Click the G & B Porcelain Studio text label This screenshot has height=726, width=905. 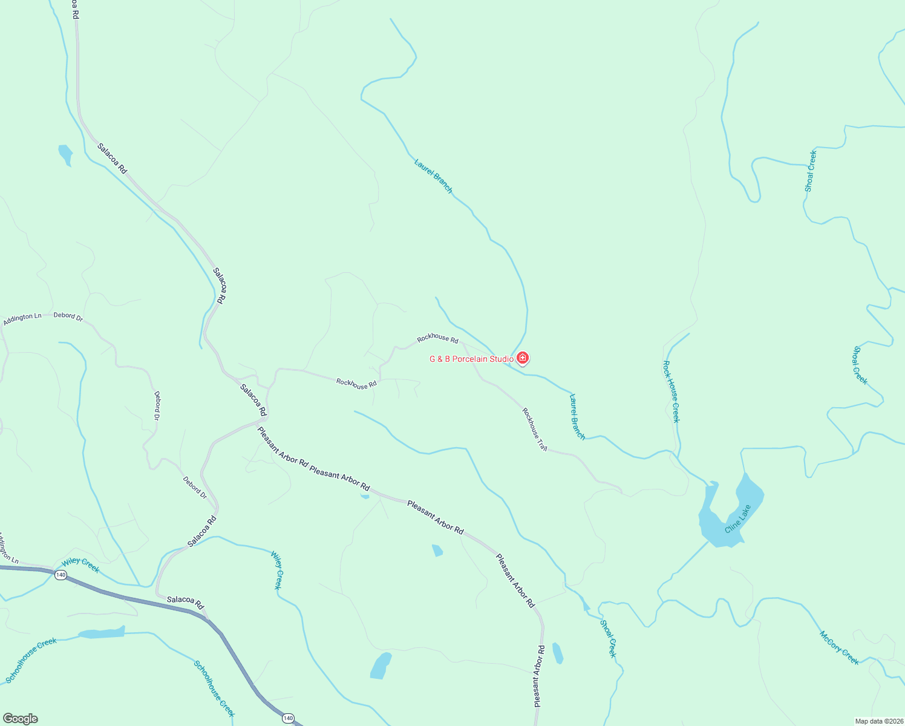[x=471, y=359]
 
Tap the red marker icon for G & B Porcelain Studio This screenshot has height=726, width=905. [x=523, y=358]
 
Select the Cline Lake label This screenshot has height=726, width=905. [x=738, y=519]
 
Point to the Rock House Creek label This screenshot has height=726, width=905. [x=671, y=391]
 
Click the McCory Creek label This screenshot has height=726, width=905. [x=839, y=647]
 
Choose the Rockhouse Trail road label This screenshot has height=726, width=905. [x=535, y=430]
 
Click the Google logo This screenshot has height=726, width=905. [x=20, y=719]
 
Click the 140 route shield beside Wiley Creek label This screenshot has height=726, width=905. [x=60, y=575]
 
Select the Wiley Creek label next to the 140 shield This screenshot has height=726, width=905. [x=80, y=565]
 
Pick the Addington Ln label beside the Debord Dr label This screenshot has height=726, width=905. [x=22, y=319]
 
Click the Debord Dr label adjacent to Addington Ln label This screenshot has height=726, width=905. [x=68, y=316]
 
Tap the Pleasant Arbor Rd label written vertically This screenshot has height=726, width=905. [x=539, y=676]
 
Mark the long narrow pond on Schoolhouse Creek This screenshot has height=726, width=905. [x=102, y=633]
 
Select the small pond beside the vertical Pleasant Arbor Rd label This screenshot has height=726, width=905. [x=557, y=653]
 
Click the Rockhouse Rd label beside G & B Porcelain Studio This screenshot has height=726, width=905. [x=437, y=338]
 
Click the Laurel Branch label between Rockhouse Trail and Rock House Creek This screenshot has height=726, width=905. [x=577, y=417]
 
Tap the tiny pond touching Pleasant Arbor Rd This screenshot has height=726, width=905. [x=364, y=496]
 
